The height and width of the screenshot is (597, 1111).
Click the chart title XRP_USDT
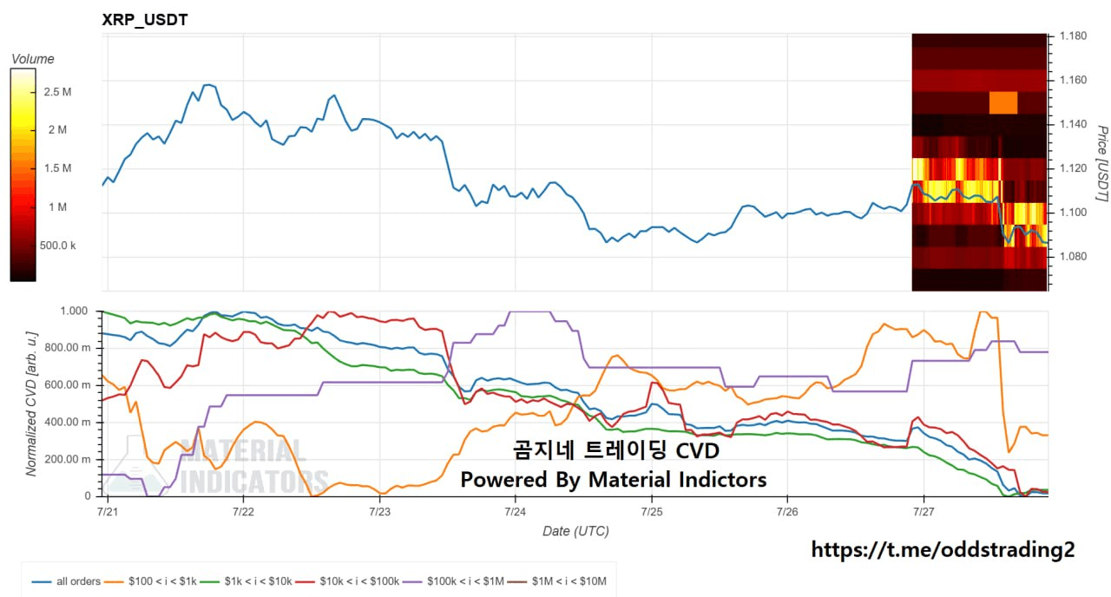coord(145,20)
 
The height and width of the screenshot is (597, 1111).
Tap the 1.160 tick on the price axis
coord(1073,80)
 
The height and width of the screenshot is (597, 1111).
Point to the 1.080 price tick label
coord(1073,256)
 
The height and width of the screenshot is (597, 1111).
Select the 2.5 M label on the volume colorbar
coord(57,92)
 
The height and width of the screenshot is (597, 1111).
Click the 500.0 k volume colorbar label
coord(57,246)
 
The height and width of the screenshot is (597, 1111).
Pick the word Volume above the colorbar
coord(33,59)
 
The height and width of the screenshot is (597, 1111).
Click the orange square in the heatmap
coord(1003,102)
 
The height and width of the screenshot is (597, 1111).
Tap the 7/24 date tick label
coord(515,511)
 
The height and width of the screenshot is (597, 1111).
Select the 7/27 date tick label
coord(924,511)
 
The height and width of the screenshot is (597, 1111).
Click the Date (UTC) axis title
coord(575,531)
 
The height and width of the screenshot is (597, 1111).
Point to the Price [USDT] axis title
coord(1101,164)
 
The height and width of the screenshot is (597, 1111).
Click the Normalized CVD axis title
coord(32,403)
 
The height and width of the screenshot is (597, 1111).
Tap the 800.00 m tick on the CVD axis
coord(68,348)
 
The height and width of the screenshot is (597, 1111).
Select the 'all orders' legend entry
coord(66,581)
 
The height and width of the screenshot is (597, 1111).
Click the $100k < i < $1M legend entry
coord(453,581)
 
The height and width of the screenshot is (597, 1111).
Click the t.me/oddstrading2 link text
coord(943,549)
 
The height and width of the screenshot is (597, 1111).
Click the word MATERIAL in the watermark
coord(243,450)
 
